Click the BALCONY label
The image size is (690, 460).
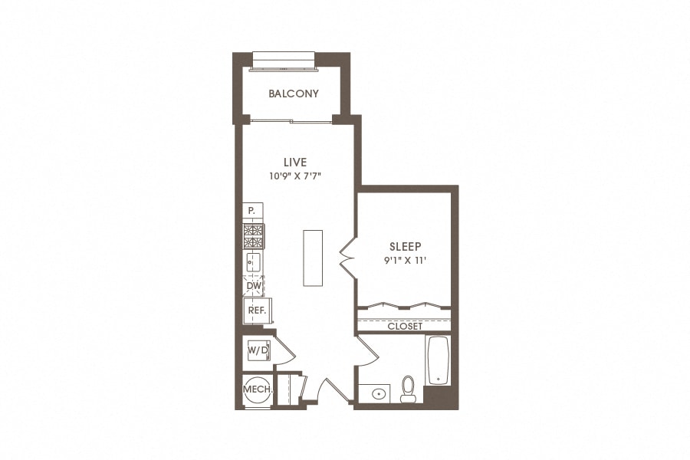(x=294, y=94)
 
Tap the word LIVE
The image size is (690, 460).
(x=295, y=162)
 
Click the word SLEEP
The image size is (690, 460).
(x=406, y=247)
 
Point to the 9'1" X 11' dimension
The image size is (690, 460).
(x=406, y=260)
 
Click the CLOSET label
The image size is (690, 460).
(x=405, y=326)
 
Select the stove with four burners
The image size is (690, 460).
(x=253, y=237)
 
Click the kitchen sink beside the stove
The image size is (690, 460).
(x=253, y=263)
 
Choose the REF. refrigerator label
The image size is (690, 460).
(x=256, y=310)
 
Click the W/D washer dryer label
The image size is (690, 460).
(x=258, y=350)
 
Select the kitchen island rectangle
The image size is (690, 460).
(x=312, y=257)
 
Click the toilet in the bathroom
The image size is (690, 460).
(x=408, y=389)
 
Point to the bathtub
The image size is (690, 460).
(x=437, y=360)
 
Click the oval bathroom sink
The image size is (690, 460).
(x=379, y=394)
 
